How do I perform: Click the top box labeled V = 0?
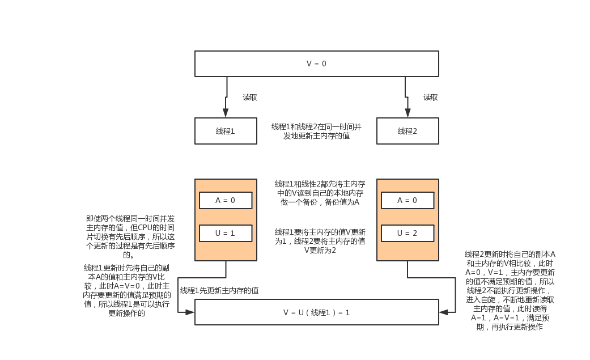(316, 63)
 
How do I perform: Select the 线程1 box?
(226, 131)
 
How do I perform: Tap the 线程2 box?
(408, 131)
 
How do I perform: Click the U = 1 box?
(226, 233)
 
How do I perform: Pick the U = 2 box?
(408, 233)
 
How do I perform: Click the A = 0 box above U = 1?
(226, 200)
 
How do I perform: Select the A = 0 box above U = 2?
(408, 200)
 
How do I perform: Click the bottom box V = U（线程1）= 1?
(316, 312)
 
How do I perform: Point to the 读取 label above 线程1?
(250, 97)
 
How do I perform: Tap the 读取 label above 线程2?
(431, 97)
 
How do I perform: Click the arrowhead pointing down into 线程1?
(226, 113)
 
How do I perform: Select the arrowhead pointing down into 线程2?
(408, 113)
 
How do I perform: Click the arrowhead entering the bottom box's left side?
(190, 312)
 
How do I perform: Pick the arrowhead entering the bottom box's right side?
(443, 312)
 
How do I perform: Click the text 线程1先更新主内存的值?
(219, 290)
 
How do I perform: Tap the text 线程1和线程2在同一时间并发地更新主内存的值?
(316, 131)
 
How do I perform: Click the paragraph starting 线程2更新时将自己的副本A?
(510, 290)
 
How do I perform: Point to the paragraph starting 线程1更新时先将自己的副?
(126, 290)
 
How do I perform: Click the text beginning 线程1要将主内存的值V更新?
(320, 241)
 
